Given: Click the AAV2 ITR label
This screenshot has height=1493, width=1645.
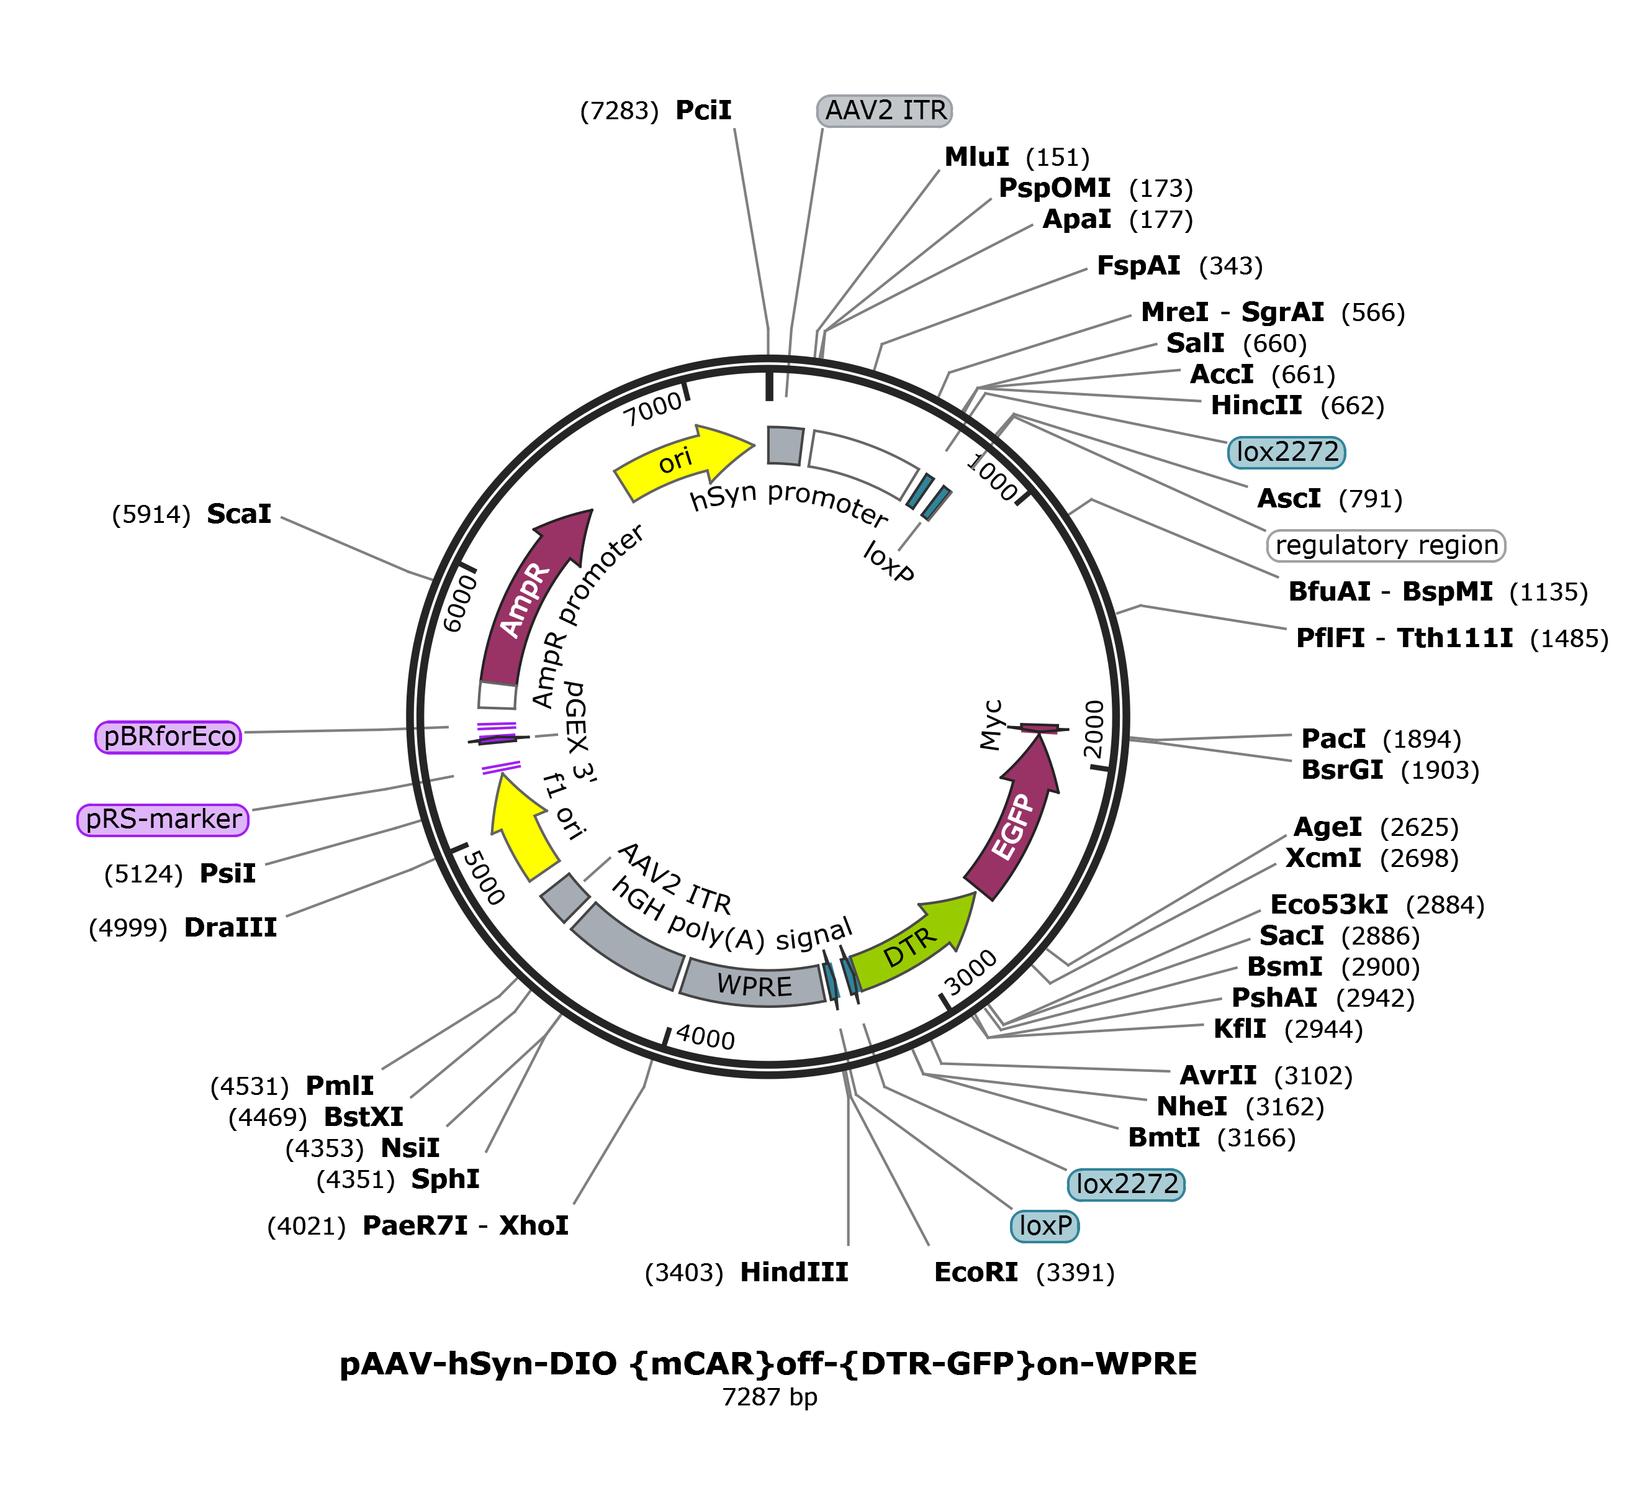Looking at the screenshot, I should point(885,110).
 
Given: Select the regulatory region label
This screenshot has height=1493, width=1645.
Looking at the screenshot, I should point(1386,545).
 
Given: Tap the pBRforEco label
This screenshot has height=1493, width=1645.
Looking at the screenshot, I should point(169,737).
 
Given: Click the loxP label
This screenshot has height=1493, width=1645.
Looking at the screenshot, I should point(1045,1225).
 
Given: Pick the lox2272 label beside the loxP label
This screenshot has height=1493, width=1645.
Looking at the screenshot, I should point(1126,1184).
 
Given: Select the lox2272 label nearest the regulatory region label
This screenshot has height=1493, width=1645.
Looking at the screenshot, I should point(1286,452).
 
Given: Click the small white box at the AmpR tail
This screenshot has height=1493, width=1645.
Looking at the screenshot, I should point(497,696).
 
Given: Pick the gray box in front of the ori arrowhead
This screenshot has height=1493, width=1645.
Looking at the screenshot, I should point(785,446).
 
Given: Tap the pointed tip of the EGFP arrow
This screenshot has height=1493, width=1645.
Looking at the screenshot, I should point(1040,739).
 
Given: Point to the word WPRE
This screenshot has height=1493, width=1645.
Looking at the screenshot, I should point(754,985).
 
